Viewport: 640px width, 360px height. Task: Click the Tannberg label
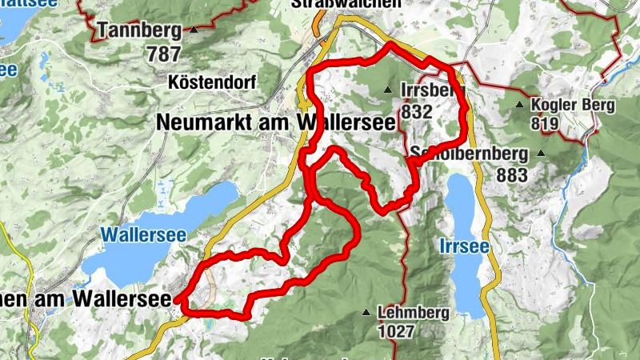(139, 31)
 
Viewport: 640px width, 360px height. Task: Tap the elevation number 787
(164, 54)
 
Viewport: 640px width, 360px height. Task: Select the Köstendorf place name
(210, 82)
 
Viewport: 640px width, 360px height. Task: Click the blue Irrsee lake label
(463, 247)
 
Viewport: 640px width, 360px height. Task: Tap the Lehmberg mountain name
(415, 313)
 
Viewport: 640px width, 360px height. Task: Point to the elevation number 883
(512, 174)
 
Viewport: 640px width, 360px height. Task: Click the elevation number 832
(417, 112)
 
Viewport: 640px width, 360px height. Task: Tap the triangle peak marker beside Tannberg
(194, 30)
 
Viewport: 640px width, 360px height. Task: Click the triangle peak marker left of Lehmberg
(367, 313)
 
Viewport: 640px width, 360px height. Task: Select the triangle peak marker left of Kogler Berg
(520, 105)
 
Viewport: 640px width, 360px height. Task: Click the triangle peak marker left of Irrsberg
(388, 90)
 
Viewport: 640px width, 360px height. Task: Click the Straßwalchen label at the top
(346, 4)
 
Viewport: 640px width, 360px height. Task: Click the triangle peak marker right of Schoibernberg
(541, 153)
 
